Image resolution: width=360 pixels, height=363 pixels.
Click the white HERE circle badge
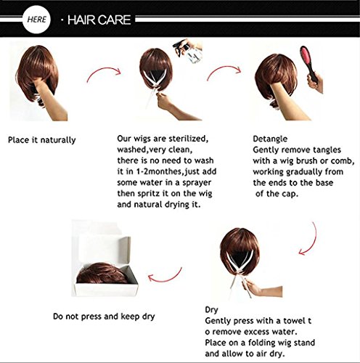coord(36,20)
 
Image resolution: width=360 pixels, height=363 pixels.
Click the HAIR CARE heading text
coord(99,20)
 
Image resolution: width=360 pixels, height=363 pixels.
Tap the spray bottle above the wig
coord(187,51)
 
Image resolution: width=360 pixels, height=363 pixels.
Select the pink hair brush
coord(308,63)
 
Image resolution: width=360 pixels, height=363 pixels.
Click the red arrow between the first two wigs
coord(103,70)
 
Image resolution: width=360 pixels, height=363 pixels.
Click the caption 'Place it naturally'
coord(42,140)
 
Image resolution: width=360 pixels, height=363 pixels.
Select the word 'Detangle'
coord(270,139)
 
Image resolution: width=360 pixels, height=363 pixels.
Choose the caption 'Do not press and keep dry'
coord(104,317)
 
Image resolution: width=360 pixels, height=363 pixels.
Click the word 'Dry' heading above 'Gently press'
coord(211,310)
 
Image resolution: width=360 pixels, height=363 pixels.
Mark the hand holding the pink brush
coord(315,84)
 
